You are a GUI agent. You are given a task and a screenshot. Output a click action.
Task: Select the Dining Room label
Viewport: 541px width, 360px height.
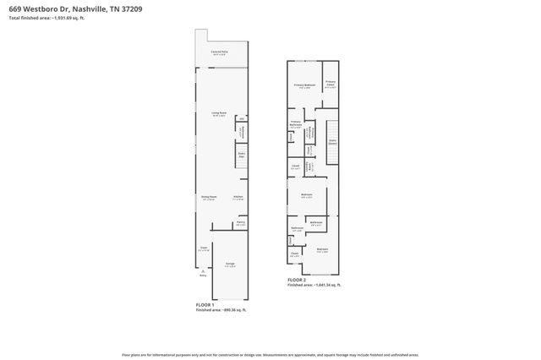[208, 198]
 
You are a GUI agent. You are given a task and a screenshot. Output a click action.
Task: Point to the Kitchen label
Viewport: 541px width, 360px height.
[238, 198]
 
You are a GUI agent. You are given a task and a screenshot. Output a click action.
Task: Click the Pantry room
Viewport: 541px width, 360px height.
[241, 224]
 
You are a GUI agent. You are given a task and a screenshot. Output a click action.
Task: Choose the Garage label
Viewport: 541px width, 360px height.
[230, 265]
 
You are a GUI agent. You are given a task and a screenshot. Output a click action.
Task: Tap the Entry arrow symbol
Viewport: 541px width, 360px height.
[203, 270]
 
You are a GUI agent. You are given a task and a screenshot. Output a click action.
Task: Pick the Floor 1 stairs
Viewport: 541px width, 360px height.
[241, 155]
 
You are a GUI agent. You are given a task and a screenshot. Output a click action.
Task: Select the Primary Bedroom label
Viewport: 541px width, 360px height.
[305, 85]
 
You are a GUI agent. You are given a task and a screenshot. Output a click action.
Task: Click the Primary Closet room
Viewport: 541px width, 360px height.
[331, 85]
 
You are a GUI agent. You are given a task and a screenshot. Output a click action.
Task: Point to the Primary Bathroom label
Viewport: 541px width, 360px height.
[296, 125]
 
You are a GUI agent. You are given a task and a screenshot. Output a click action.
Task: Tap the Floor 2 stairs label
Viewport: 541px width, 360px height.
[332, 143]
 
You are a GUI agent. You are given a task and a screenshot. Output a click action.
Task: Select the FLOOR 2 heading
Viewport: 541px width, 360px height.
[297, 280]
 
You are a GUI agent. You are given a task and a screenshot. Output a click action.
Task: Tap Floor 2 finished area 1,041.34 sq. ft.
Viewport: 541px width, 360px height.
[314, 286]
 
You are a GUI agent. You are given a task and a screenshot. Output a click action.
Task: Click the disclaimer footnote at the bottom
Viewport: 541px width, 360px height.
[270, 356]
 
